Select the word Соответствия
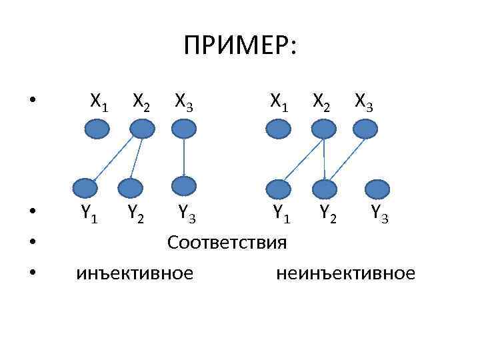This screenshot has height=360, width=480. (x=227, y=242)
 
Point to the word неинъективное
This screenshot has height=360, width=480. (x=344, y=273)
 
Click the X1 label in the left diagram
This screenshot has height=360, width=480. (x=100, y=102)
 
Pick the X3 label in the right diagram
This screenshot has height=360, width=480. (x=364, y=102)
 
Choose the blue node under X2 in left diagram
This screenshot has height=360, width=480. (x=141, y=128)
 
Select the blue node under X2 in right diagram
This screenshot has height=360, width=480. (x=321, y=128)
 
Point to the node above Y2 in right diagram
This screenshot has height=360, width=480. (x=325, y=189)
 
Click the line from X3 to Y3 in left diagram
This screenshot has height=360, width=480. (x=183, y=157)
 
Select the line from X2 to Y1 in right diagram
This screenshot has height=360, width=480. (x=301, y=158)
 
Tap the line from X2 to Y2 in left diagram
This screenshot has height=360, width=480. (x=136, y=158)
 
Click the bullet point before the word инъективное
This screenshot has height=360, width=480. (x=33, y=273)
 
